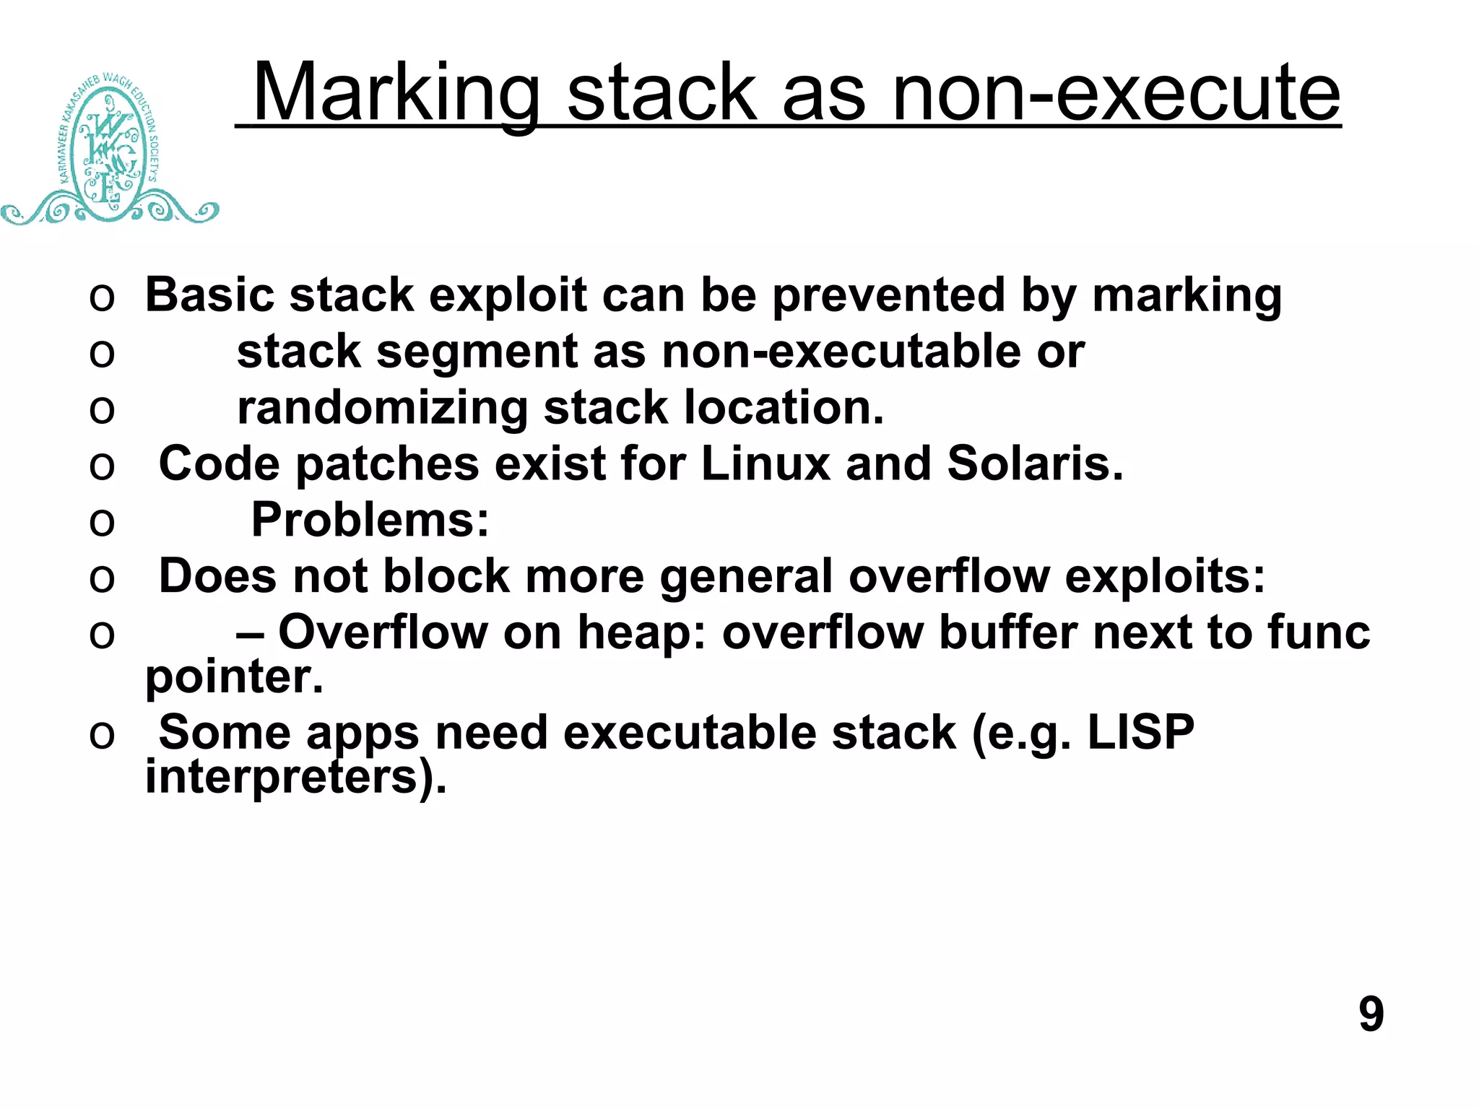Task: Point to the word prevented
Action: point(888,295)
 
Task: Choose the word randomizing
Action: point(382,408)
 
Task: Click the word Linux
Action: point(765,464)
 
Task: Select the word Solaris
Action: point(1035,464)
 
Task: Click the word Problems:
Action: point(370,520)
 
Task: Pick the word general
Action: point(746,576)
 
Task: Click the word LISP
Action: point(1140,733)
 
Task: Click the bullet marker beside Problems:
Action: point(102,521)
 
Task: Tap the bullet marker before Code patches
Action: point(102,465)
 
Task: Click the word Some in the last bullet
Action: point(225,733)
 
